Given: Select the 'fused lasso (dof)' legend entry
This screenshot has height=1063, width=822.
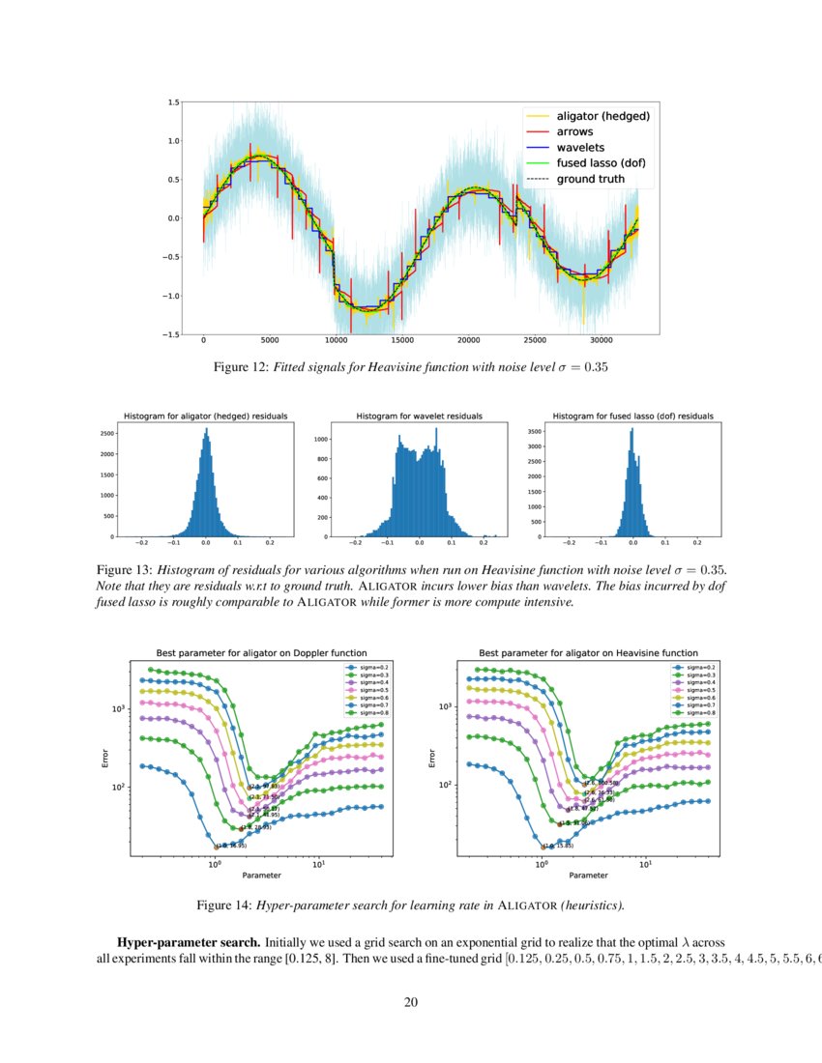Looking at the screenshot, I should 601,163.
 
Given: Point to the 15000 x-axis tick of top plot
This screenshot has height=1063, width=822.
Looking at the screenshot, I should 402,341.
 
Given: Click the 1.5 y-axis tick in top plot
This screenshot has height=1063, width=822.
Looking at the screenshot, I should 172,101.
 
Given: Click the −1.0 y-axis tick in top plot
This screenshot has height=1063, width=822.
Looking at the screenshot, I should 169,296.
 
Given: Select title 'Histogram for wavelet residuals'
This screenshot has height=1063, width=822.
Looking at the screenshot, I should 419,416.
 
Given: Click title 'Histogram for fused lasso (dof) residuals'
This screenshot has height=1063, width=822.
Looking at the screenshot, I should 632,416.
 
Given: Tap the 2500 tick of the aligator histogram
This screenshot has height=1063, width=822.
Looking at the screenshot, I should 107,433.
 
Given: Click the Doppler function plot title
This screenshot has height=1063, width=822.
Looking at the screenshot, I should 261,653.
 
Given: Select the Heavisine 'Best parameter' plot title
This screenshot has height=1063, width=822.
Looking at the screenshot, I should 588,653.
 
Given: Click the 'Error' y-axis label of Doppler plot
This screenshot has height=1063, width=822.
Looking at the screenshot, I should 105,759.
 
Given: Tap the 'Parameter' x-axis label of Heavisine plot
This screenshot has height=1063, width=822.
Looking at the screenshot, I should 589,876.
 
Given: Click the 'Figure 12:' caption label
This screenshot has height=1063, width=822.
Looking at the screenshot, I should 242,367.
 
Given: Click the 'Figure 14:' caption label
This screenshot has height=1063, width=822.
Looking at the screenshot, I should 224,905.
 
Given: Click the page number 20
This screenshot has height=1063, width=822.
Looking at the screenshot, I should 410,1001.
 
